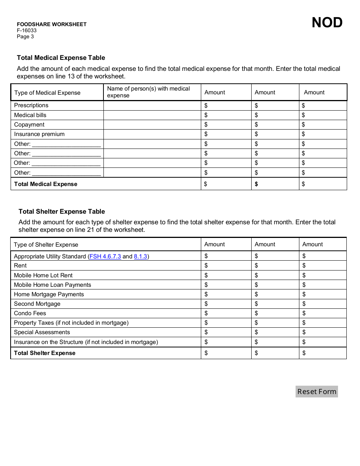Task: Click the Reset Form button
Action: (x=316, y=391)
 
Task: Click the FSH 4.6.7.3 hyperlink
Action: (x=105, y=256)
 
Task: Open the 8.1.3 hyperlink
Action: (x=140, y=256)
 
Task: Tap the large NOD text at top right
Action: (x=327, y=23)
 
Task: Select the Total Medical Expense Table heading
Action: (x=61, y=58)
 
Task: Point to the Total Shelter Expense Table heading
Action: (x=62, y=211)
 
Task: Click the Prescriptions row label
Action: (x=31, y=105)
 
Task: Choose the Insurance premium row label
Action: (x=39, y=134)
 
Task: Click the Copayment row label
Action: (x=29, y=125)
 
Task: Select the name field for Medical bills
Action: (x=152, y=115)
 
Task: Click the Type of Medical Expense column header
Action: (x=47, y=93)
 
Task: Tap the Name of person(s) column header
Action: (x=148, y=92)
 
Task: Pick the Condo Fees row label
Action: (x=30, y=313)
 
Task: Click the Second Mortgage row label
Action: (x=37, y=304)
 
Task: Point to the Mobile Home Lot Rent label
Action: (x=43, y=275)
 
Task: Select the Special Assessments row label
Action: (x=42, y=332)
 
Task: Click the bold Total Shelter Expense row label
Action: (x=45, y=353)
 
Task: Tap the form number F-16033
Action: (x=27, y=31)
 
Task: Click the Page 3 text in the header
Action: (x=25, y=37)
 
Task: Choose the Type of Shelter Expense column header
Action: (x=46, y=245)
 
